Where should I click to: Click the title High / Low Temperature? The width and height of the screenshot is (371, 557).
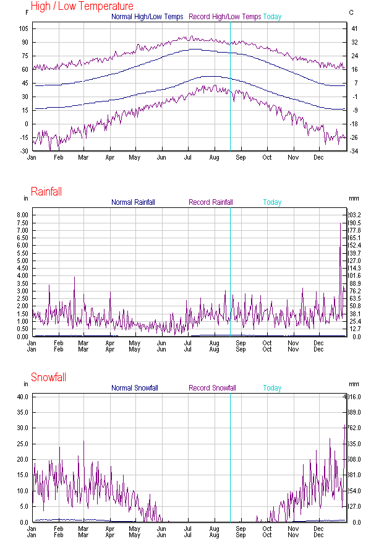[x=82, y=6]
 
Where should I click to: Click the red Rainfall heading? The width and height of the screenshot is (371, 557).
[x=46, y=192]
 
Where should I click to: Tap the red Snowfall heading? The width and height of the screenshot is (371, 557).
[x=48, y=378]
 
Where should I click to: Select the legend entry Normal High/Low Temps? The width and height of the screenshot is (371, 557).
[x=147, y=17]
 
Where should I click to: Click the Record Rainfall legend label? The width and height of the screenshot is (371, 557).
[x=211, y=202]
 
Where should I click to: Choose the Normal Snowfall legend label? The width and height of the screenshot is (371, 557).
[x=135, y=388]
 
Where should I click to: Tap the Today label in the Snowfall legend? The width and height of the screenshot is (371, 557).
[x=272, y=388]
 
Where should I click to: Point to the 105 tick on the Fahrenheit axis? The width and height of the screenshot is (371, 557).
[x=23, y=29]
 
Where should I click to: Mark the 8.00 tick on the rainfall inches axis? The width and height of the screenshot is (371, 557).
[x=22, y=215]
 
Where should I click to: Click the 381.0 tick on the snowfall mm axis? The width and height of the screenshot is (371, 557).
[x=354, y=475]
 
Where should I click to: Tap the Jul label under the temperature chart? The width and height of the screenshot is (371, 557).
[x=188, y=157]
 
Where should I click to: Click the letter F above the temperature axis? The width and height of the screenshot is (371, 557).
[x=27, y=12]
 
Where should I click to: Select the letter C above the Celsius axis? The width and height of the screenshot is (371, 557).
[x=351, y=12]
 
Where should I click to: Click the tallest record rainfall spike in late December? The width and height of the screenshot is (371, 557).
[x=341, y=224]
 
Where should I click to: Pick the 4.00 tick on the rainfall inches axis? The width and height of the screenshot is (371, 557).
[x=22, y=276]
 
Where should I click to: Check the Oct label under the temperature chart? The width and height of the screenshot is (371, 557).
[x=267, y=157]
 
